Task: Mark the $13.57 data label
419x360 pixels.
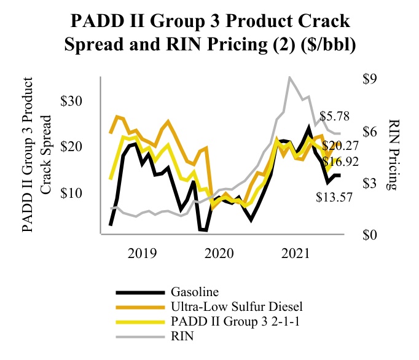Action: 335,198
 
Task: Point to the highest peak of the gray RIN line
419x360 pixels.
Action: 290,77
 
